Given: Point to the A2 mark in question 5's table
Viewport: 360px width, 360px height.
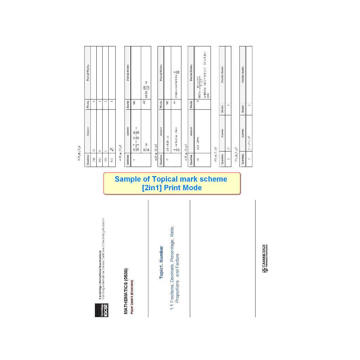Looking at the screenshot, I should [144, 102].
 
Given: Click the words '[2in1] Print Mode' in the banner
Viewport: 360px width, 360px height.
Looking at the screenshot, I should [172, 188].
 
